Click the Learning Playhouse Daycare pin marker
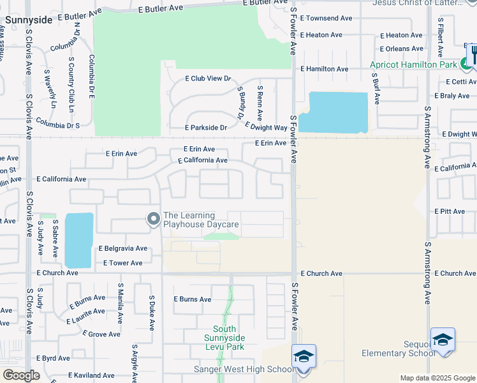click(x=153, y=220)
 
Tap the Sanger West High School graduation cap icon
click(x=304, y=356)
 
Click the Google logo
click(x=20, y=375)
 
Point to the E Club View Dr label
click(x=207, y=79)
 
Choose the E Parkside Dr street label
click(x=206, y=128)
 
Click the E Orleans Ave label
click(x=401, y=49)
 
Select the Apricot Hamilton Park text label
click(x=414, y=64)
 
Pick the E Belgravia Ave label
click(x=123, y=248)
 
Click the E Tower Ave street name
click(x=122, y=263)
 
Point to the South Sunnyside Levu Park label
click(x=224, y=338)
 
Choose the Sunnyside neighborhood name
click(x=28, y=20)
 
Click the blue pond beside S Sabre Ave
click(x=78, y=239)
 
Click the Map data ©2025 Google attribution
click(x=437, y=378)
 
